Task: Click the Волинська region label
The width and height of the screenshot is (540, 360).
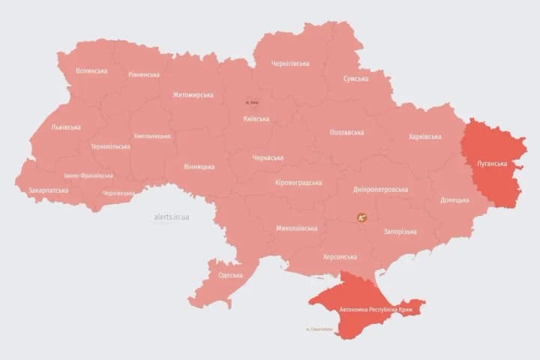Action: [x=91, y=71]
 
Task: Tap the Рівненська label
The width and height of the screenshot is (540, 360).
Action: [x=144, y=75]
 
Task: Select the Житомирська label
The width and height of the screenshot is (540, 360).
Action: [x=193, y=95]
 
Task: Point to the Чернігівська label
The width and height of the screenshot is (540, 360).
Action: [x=290, y=64]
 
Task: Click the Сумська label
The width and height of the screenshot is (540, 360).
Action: [x=355, y=79]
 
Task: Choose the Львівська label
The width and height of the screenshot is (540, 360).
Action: [x=66, y=127]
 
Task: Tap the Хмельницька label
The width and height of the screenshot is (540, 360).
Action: [x=152, y=136]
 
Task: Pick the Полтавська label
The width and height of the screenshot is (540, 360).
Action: [x=346, y=132]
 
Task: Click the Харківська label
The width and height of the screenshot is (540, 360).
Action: [x=425, y=136]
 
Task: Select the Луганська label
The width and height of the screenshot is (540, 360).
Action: [x=492, y=163]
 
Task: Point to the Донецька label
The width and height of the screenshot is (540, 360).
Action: [x=454, y=200]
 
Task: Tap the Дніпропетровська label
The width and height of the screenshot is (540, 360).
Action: [x=381, y=189]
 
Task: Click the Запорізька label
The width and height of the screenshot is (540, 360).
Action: [x=400, y=232]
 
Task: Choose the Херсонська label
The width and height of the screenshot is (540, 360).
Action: [x=339, y=256]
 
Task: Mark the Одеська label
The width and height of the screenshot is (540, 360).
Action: [x=230, y=275]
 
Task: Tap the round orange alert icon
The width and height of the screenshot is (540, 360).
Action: [x=362, y=218]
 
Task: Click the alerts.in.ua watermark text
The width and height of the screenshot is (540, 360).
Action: [x=172, y=217]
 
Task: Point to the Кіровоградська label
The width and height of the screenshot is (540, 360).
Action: [x=298, y=183]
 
